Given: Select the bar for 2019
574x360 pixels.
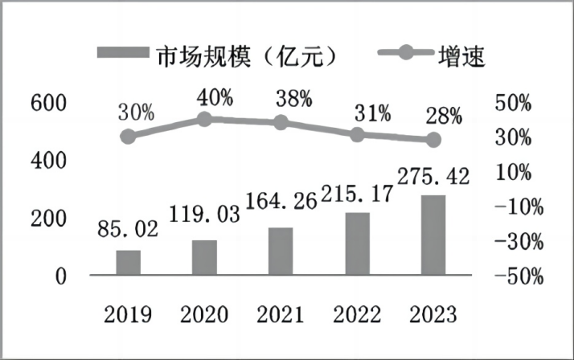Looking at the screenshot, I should (128, 263).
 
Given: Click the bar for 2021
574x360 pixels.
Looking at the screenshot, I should (281, 252).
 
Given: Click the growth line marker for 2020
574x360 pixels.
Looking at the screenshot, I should (204, 120).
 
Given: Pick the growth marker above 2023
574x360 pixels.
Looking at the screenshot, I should (433, 140).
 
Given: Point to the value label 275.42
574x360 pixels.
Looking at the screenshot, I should (433, 175).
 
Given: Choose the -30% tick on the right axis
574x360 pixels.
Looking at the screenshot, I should (522, 242).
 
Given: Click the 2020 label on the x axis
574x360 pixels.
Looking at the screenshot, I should (204, 313).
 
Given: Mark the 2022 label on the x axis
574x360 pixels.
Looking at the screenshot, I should (357, 313).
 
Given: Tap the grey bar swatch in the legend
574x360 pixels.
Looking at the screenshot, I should (122, 53).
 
